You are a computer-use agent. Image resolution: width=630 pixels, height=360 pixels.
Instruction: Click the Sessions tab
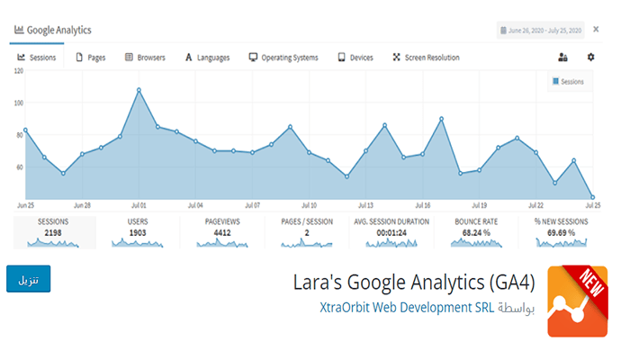37,58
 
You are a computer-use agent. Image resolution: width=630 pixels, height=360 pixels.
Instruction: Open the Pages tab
91,58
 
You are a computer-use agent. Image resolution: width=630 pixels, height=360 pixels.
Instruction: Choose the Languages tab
207,58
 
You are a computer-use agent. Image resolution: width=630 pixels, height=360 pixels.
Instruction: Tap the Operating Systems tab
283,58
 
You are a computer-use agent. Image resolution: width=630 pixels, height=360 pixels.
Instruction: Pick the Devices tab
355,58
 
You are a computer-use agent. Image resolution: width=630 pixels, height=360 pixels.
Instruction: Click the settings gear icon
591,58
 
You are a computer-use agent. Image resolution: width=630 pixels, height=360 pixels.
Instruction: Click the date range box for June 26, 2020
540,31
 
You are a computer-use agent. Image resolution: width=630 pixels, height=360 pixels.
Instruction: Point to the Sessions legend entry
567,82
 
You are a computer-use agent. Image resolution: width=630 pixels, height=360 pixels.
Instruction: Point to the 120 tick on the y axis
17,70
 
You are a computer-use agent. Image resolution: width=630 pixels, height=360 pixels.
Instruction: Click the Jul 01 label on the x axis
139,204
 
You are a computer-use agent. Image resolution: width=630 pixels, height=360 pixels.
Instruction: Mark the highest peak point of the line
139,89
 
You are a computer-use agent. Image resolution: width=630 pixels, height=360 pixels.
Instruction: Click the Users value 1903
139,231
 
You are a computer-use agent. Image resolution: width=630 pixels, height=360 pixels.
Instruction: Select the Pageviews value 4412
221,231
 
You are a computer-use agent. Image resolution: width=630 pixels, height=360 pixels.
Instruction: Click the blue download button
29,279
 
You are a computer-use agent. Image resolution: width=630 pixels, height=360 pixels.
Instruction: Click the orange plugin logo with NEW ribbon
576,301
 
